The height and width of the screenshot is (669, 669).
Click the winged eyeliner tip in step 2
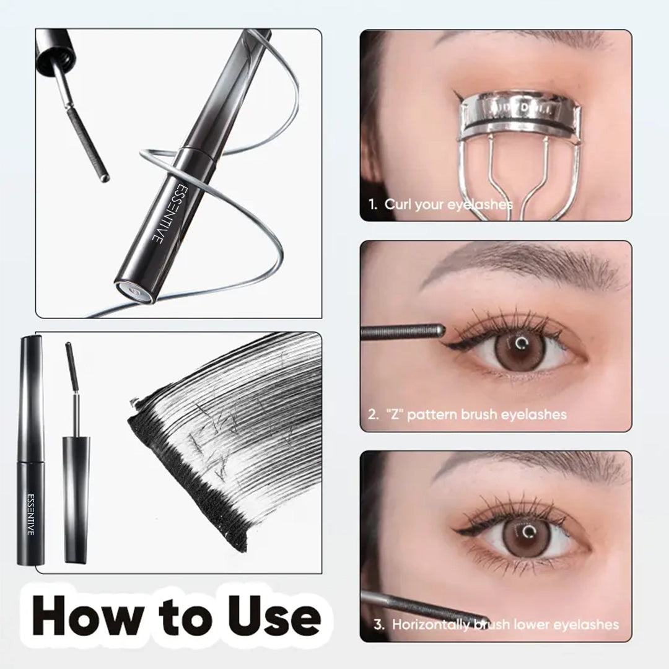[x=448, y=343]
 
